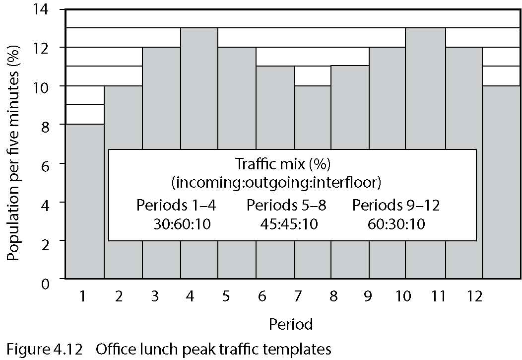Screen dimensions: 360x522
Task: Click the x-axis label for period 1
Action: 82,297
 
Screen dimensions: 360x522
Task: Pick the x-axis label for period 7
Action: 297,297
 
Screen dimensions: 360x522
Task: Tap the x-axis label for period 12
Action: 474,297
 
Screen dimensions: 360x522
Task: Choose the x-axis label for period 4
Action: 190,297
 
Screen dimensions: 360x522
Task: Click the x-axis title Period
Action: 291,325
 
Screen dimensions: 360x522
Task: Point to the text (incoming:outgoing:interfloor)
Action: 276,182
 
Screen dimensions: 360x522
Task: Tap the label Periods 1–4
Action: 176,206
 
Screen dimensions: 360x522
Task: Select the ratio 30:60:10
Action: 183,224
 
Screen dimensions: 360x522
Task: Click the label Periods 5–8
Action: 286,206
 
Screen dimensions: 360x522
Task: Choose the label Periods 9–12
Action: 396,206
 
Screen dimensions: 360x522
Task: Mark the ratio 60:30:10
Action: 396,224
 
